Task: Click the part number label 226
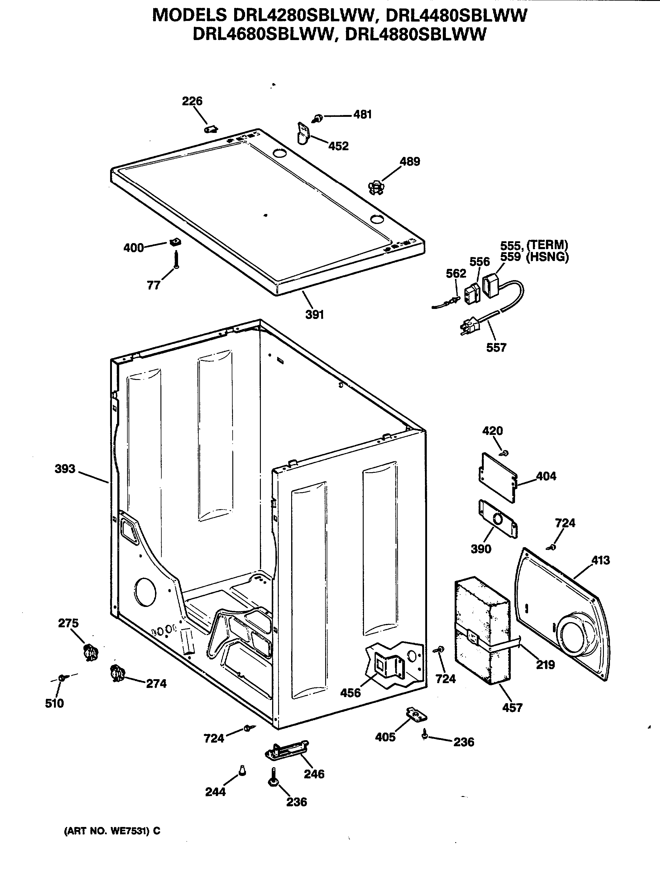click(192, 101)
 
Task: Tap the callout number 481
click(362, 115)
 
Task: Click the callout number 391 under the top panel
click(315, 314)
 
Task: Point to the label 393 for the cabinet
click(65, 469)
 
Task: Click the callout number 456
click(350, 693)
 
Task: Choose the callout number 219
click(545, 665)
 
